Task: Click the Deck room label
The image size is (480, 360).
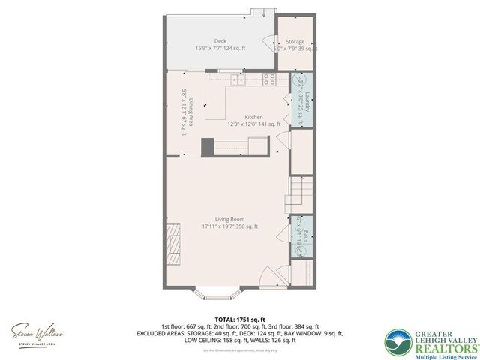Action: click(x=220, y=41)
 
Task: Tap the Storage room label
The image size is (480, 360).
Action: click(x=295, y=42)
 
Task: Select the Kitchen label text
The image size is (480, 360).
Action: click(x=253, y=117)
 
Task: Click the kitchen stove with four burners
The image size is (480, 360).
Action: click(x=269, y=79)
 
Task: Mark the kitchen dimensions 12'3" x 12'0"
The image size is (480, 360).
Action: click(x=253, y=124)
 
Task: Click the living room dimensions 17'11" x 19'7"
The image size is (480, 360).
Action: click(x=229, y=226)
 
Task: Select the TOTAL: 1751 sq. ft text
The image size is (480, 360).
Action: click(x=239, y=319)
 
